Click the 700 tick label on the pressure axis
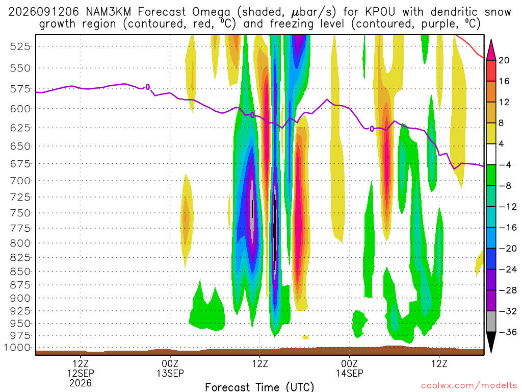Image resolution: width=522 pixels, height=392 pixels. tap(20, 181)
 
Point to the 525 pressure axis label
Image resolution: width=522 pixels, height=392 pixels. tap(20, 46)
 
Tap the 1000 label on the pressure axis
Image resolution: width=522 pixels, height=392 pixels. tap(17, 348)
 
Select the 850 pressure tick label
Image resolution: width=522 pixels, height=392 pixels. tap(20, 272)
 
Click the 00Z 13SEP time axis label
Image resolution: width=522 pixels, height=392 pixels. tap(170, 369)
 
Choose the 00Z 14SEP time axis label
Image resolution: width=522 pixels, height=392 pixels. tap(350, 369)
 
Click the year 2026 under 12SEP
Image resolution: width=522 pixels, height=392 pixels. tap(81, 383)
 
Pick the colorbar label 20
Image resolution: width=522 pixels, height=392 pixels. tap(504, 60)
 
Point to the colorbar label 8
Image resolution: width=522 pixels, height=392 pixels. tap(501, 123)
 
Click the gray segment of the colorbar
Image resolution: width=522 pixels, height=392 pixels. tap(491, 322)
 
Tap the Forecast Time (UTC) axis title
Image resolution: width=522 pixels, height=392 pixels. tap(259, 387)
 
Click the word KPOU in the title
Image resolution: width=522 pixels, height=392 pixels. tap(380, 12)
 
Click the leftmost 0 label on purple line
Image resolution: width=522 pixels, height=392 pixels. tap(148, 87)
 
